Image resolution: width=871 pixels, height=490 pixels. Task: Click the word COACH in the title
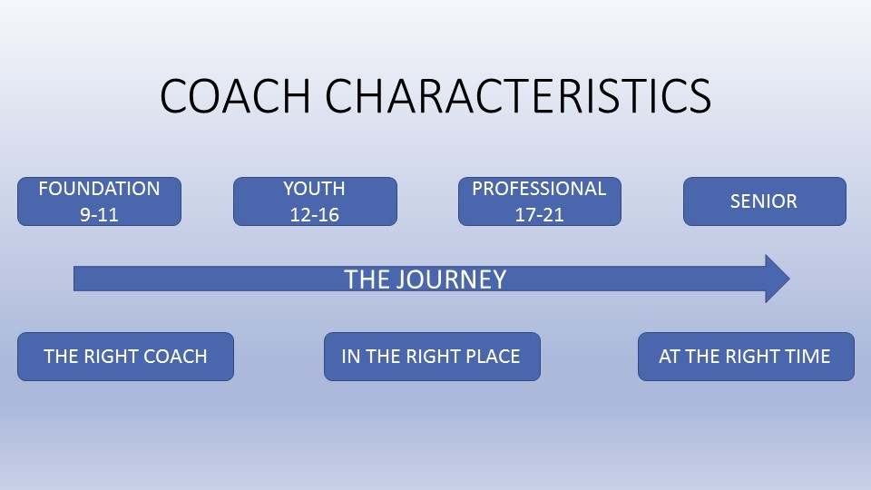pyautogui.click(x=235, y=96)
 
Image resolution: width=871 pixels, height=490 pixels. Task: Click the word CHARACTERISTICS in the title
pyautogui.click(x=518, y=96)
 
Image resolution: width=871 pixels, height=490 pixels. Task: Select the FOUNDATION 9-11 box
pyautogui.click(x=100, y=201)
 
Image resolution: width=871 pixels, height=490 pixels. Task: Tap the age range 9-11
pyautogui.click(x=100, y=214)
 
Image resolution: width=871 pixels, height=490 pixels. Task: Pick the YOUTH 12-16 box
pyautogui.click(x=315, y=201)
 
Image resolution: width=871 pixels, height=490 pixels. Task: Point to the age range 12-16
pyautogui.click(x=315, y=214)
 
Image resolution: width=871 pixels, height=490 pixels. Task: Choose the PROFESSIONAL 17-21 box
pyautogui.click(x=540, y=201)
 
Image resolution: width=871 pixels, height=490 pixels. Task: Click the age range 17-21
pyautogui.click(x=539, y=214)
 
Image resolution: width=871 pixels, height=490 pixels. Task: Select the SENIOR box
pyautogui.click(x=765, y=201)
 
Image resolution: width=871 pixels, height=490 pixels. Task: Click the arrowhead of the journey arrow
pyautogui.click(x=789, y=279)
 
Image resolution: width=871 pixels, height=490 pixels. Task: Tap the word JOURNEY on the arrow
pyautogui.click(x=451, y=279)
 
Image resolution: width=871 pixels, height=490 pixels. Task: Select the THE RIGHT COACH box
pyautogui.click(x=125, y=356)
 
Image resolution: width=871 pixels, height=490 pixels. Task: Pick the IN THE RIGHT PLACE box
pyautogui.click(x=432, y=356)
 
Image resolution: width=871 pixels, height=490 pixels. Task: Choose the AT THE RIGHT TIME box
pyautogui.click(x=746, y=356)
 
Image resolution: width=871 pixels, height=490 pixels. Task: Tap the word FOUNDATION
pyautogui.click(x=100, y=189)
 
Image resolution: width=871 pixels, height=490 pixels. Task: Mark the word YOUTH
pyautogui.click(x=315, y=189)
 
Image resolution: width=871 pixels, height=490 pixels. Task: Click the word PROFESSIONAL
pyautogui.click(x=539, y=189)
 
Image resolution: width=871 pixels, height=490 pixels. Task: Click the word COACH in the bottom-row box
pyautogui.click(x=175, y=356)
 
